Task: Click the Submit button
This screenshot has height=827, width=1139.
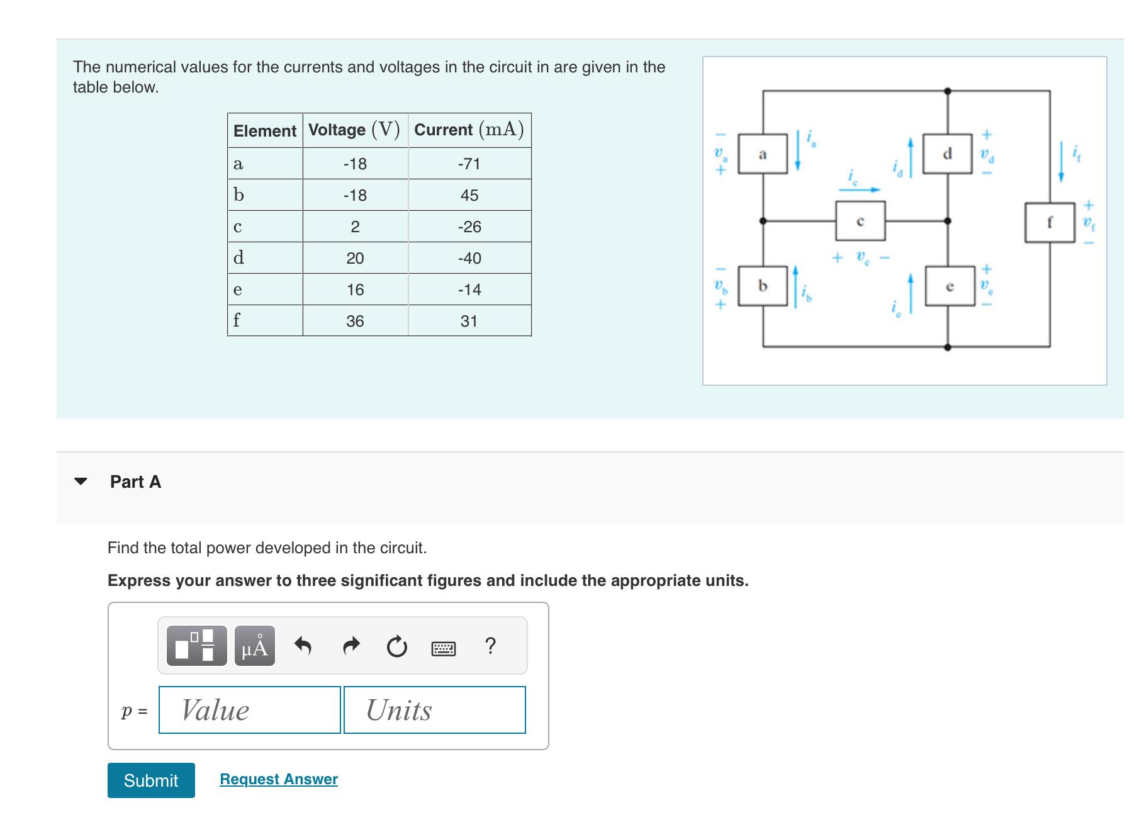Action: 151,780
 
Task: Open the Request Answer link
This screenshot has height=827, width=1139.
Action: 278,779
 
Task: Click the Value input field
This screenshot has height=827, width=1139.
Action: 250,710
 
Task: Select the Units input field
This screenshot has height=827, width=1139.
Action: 435,710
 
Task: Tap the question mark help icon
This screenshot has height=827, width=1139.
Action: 491,646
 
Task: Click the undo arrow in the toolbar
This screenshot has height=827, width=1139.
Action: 303,646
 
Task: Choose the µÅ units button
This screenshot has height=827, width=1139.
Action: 255,646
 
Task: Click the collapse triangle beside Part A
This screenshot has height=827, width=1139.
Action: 81,481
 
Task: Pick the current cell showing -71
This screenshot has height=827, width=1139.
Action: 469,164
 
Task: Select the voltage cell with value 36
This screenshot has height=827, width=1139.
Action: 355,321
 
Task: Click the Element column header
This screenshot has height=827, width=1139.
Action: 265,131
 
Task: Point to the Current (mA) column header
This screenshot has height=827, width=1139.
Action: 469,130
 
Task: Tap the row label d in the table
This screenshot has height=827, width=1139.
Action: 238,258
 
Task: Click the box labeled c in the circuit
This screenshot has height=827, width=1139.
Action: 860,221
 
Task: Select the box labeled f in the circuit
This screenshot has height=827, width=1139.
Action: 1049,222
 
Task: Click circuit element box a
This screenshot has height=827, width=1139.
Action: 763,154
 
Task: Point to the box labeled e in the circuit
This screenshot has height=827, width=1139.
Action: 950,286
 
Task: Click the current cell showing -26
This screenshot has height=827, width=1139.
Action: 469,227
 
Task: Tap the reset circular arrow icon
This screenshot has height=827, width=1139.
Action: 397,646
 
